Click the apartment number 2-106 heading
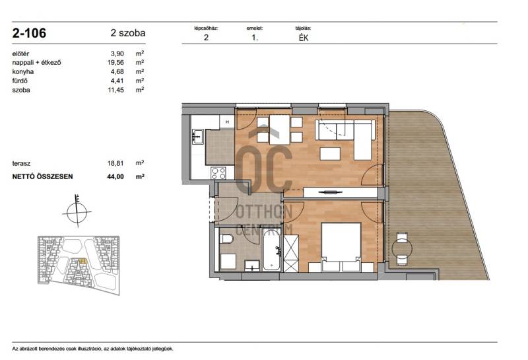[29, 33]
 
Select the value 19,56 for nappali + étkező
[115, 62]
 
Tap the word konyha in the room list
[23, 71]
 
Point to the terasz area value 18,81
[115, 163]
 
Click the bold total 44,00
[115, 176]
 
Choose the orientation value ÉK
[304, 38]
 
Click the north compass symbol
[77, 211]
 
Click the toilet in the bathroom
[226, 239]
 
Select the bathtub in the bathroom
[271, 250]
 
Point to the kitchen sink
[197, 137]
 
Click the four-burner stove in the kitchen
[218, 173]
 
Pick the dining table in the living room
[279, 129]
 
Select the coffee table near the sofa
[330, 154]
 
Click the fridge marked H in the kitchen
[227, 122]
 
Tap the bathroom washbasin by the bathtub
[252, 265]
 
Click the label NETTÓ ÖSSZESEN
[42, 176]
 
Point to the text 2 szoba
[128, 33]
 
